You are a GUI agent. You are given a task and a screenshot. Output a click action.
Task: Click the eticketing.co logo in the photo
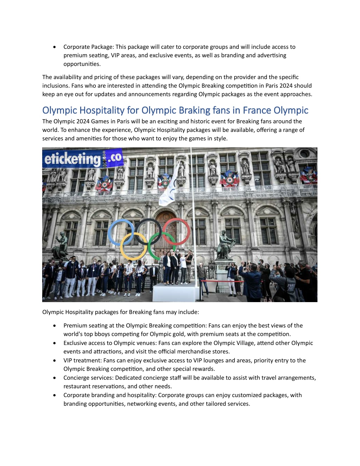pos(83,159)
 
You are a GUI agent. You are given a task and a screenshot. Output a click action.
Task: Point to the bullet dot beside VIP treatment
pos(54,360)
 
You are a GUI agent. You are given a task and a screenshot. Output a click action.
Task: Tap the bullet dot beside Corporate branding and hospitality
pos(54,395)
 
